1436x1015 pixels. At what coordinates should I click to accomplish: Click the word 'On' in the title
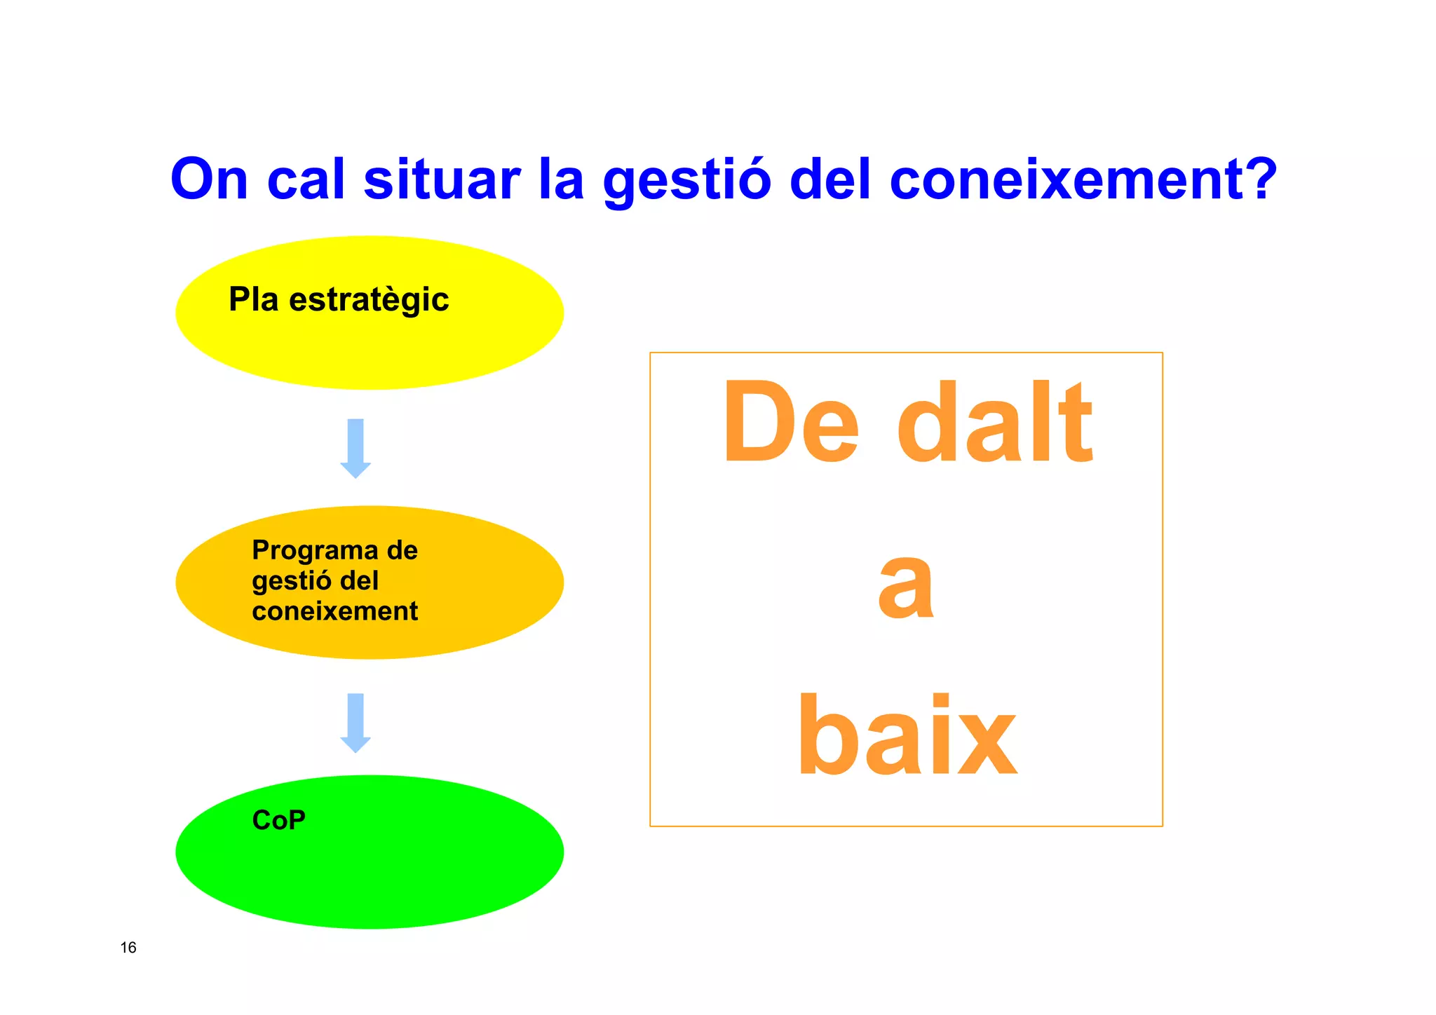(x=209, y=179)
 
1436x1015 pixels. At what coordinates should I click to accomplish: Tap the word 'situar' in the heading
(x=442, y=179)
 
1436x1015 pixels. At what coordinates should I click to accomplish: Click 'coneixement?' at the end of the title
(x=1083, y=179)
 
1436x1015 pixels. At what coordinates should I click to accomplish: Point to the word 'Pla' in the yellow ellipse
(x=254, y=299)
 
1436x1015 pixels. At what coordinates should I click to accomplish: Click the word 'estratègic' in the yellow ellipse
(x=369, y=301)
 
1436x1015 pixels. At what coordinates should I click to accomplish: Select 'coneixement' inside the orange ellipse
(x=334, y=611)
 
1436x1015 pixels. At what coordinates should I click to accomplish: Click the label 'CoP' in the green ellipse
(x=278, y=820)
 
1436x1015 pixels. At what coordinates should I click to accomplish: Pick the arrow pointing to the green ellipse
(x=355, y=723)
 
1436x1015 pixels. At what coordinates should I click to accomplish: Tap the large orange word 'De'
(x=790, y=423)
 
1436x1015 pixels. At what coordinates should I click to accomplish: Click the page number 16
(x=128, y=948)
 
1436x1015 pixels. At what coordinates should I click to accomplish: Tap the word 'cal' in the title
(x=306, y=179)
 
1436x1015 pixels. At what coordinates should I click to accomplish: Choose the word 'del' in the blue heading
(x=830, y=179)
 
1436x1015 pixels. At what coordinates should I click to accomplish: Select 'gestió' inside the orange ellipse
(x=291, y=582)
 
